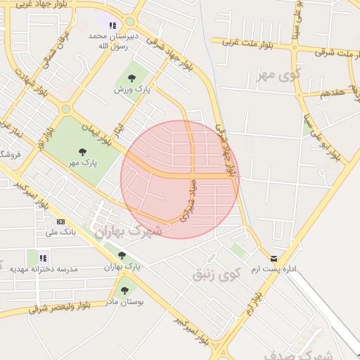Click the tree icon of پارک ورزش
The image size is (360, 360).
(131, 78)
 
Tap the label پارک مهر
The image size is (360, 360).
(83, 162)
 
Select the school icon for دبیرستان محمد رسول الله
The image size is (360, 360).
(112, 25)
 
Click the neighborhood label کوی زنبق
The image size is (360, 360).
(217, 274)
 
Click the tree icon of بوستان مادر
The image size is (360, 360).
(124, 290)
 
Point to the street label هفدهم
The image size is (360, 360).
(330, 93)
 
